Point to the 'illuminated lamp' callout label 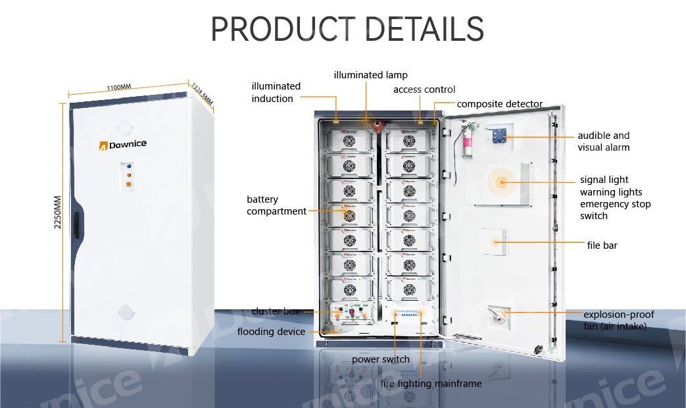(370, 75)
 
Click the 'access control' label (424, 89)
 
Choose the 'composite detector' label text (499, 104)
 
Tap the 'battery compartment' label (276, 205)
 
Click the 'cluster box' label (276, 311)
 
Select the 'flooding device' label (271, 332)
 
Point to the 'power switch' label (380, 359)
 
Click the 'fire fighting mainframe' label (431, 384)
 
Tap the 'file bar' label (602, 245)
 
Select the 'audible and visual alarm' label (603, 141)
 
